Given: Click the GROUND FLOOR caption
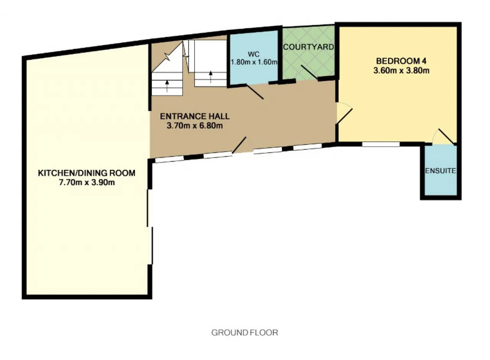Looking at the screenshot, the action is click(245, 333).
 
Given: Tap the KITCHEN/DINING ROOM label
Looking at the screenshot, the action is click(87, 173).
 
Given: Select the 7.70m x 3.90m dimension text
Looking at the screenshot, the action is click(87, 183).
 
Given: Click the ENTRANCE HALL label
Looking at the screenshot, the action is click(195, 116).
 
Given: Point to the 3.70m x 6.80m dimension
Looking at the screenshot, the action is click(195, 126).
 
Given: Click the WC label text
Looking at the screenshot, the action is click(254, 54).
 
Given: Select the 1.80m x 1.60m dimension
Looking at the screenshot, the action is click(254, 62).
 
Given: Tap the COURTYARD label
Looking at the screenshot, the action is click(309, 47).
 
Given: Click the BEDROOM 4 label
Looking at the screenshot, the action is click(401, 61).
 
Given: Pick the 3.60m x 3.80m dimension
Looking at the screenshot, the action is click(401, 71).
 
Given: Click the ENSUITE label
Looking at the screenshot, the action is click(441, 171).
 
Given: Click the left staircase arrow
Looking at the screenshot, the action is click(167, 86).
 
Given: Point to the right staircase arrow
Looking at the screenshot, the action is click(211, 77).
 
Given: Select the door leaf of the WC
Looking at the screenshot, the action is click(255, 92).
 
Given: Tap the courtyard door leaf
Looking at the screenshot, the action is click(309, 72).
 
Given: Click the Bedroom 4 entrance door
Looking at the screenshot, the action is click(344, 116).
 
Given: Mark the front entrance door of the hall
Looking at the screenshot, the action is click(239, 145).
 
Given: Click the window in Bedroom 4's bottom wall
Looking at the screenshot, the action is click(381, 144).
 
